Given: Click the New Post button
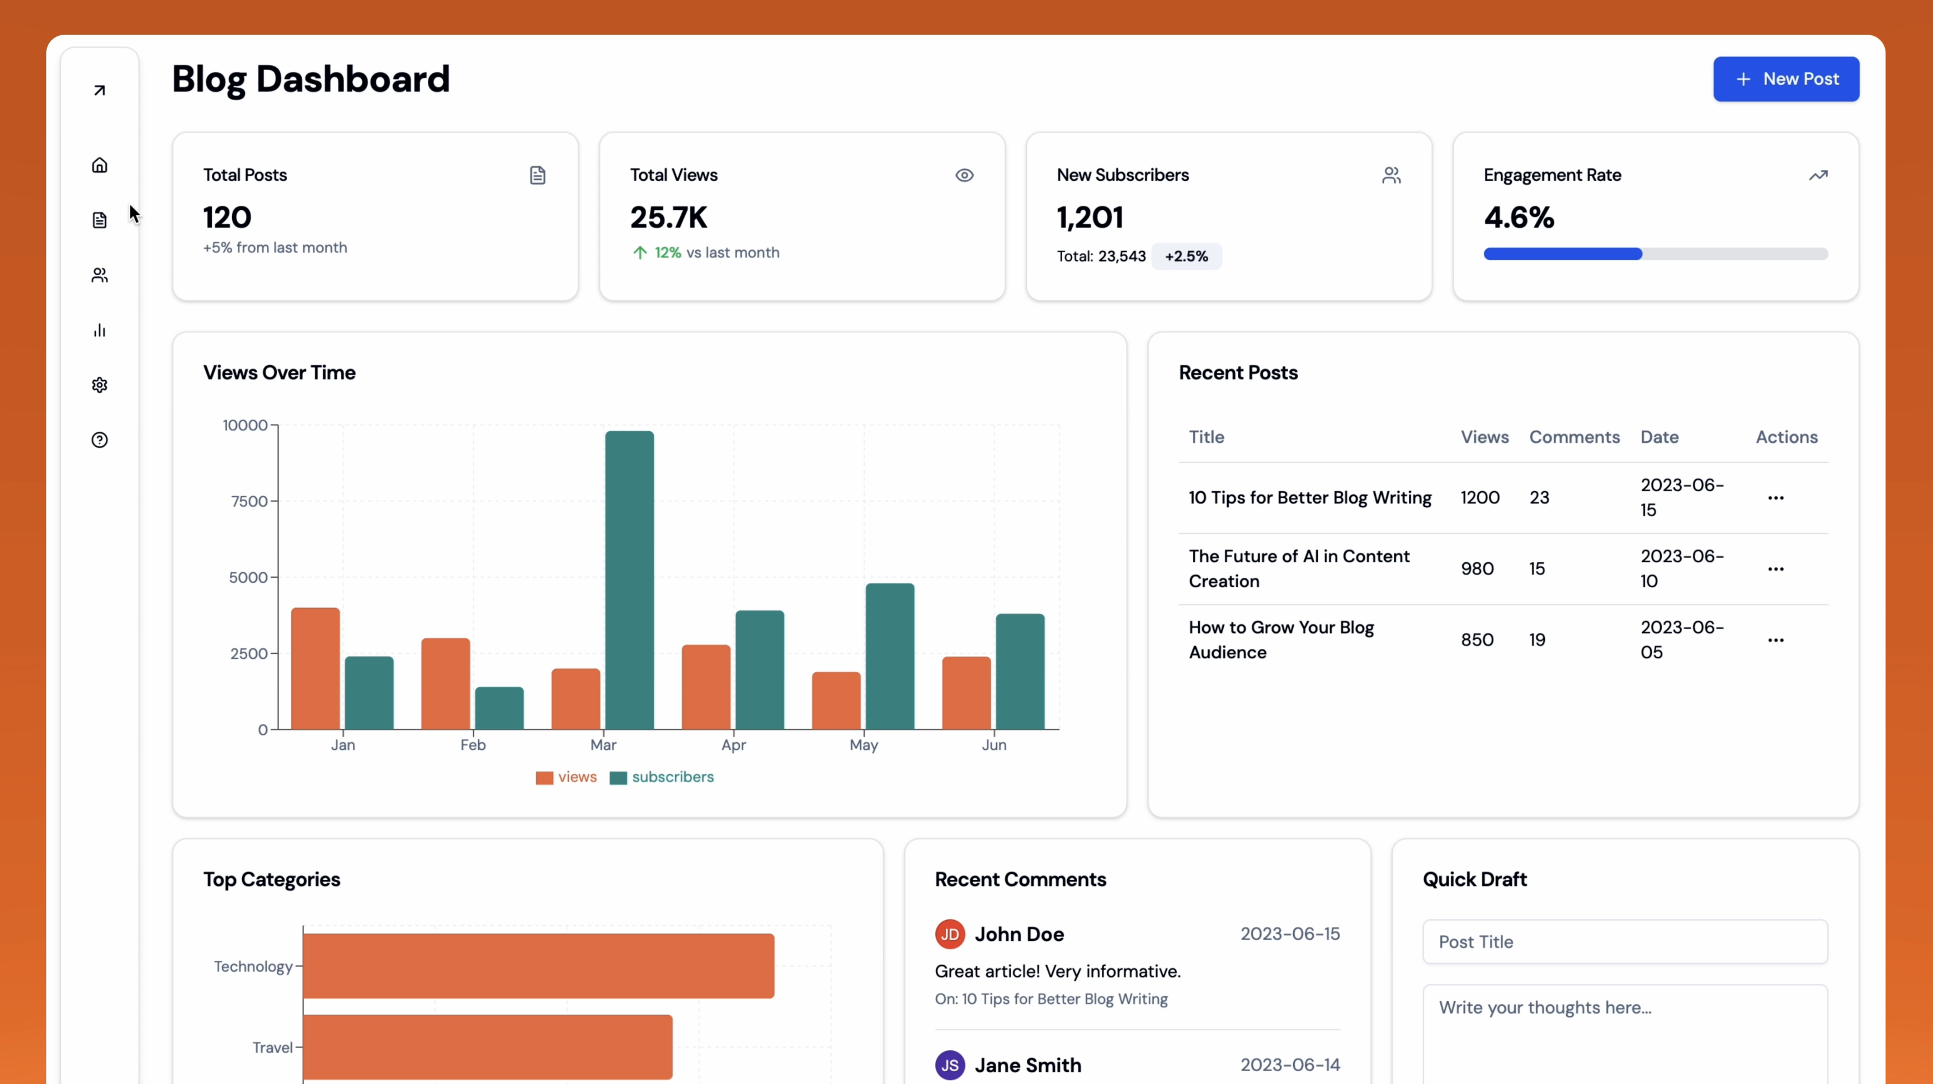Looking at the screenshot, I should tap(1785, 79).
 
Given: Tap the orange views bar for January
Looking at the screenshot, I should tap(315, 668).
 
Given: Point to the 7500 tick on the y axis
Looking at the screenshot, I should tap(249, 501).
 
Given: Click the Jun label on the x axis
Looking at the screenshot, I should tap(993, 745).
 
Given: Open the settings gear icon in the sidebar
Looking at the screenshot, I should tap(100, 385).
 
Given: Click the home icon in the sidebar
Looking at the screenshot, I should tap(100, 165).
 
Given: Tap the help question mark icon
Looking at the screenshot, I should tap(100, 440).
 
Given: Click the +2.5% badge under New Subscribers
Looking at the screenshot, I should tap(1186, 257).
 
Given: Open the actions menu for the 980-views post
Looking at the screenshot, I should tap(1775, 569).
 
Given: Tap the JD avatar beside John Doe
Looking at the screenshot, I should tap(949, 934).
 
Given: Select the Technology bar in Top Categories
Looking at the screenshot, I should tap(538, 965).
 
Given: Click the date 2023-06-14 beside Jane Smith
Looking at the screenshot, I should tap(1289, 1064).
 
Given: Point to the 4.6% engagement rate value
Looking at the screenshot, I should tap(1519, 218).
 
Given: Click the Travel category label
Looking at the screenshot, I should tap(272, 1047).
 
